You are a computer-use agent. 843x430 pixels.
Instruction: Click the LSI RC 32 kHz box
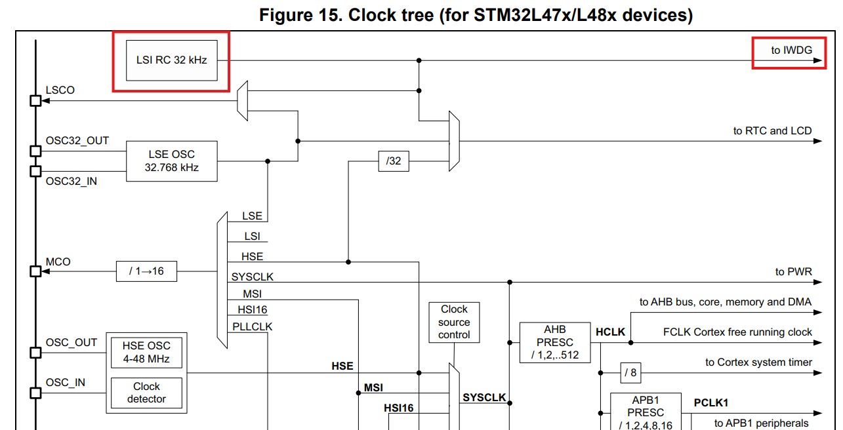coord(171,60)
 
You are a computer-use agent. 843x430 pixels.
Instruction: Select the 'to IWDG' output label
coord(791,50)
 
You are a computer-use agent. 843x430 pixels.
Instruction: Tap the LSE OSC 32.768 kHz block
coord(171,161)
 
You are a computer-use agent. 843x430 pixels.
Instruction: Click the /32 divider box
coord(394,161)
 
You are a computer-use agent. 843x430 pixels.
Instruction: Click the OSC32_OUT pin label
coord(77,141)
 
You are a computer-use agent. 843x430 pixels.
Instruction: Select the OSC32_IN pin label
coord(71,181)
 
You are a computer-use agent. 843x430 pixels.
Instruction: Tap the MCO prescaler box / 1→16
coord(146,271)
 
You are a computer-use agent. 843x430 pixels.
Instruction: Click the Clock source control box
coord(454,322)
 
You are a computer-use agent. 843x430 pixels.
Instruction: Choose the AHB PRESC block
coord(554,342)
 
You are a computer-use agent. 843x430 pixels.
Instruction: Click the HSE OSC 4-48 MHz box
coord(146,352)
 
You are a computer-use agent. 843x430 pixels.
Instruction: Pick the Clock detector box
coord(146,393)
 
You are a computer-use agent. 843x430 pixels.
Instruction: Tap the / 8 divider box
coord(630,372)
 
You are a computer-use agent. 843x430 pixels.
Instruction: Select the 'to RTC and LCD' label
coord(772,130)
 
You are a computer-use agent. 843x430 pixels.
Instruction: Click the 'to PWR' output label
coord(793,271)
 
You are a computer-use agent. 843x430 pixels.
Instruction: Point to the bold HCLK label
coord(610,332)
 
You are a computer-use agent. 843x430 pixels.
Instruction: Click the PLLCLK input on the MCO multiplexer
coord(252,326)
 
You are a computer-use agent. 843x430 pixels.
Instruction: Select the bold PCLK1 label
coord(711,402)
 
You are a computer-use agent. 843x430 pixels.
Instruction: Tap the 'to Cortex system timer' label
coord(758,362)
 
